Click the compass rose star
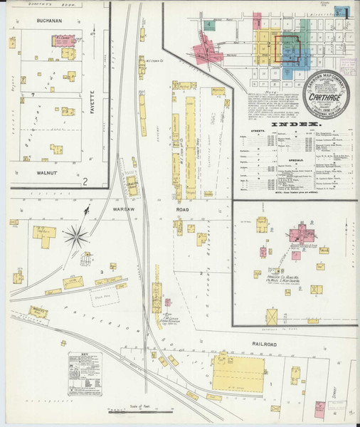click(x=74, y=236)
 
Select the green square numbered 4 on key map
click(x=211, y=25)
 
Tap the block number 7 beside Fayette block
click(x=33, y=94)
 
